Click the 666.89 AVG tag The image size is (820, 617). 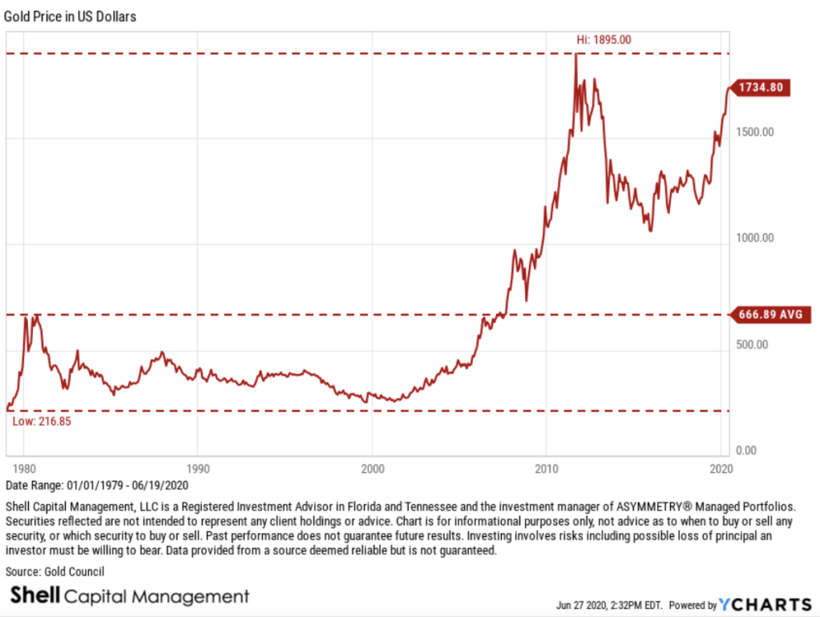tap(768, 314)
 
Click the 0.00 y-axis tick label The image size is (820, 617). tap(745, 451)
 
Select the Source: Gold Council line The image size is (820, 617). tap(55, 571)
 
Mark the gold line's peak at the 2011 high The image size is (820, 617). tap(575, 54)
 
